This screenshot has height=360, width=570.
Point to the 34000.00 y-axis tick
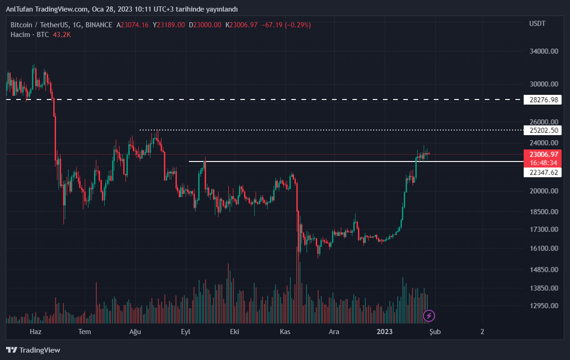(544, 51)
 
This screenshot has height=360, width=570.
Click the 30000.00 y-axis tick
(544, 84)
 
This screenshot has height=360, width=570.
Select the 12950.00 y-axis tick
(544, 305)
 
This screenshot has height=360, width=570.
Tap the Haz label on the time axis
(36, 332)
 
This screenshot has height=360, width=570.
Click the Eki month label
(235, 332)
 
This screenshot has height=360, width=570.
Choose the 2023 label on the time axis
(385, 332)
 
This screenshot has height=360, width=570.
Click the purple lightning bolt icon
(429, 316)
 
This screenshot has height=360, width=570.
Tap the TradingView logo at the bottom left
(33, 350)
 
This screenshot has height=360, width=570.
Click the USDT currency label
(537, 23)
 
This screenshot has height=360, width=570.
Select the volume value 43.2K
(62, 35)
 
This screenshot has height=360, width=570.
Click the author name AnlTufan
(19, 9)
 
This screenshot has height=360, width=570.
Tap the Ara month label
(334, 332)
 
